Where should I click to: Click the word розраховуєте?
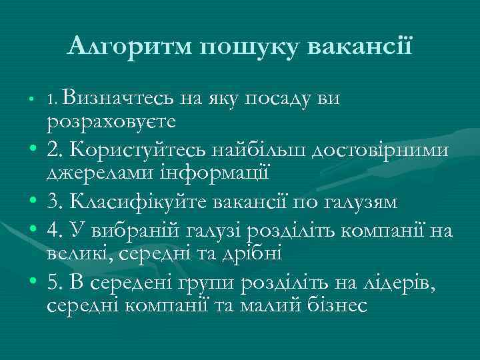pyautogui.click(x=111, y=122)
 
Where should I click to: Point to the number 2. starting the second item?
pyautogui.click(x=55, y=151)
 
